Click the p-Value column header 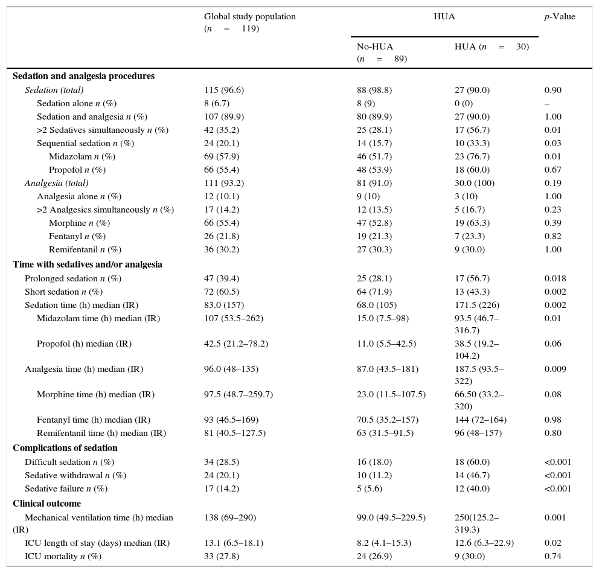(560, 17)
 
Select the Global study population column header (249, 22)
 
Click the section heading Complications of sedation (65, 448)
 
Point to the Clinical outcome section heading (46, 504)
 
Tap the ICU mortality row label (63, 556)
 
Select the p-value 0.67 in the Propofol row (553, 170)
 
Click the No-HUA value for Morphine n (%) (374, 223)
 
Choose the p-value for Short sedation (555, 292)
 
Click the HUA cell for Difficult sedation (472, 462)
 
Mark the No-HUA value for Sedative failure (370, 488)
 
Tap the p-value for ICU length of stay (553, 543)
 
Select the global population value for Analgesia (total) (223, 183)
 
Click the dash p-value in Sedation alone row (546, 103)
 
